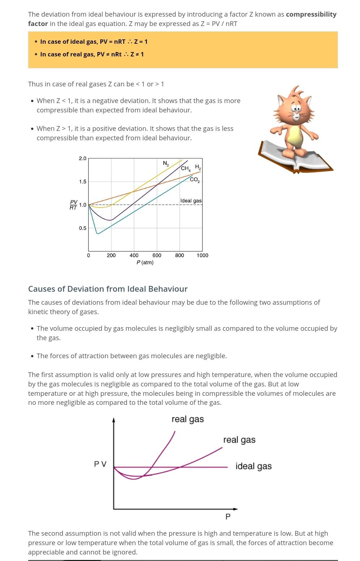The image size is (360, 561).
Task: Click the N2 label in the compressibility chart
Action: tap(166, 163)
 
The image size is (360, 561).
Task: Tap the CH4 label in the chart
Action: tap(185, 168)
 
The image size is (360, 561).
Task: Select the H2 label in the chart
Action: tap(198, 167)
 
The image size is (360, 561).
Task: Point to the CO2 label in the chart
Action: tap(194, 180)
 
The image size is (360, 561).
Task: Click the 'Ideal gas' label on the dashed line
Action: tap(191, 201)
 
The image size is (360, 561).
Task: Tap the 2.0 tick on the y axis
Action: tap(82, 158)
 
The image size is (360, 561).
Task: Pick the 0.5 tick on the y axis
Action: tap(82, 228)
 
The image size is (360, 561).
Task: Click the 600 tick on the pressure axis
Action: tap(157, 255)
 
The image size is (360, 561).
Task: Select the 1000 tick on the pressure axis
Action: tap(202, 255)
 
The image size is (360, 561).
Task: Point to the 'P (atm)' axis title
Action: tap(145, 262)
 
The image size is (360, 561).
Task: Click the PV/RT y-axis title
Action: tap(73, 205)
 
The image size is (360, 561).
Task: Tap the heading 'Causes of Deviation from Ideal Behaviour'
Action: tap(108, 289)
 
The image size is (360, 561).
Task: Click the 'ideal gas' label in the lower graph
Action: tap(253, 466)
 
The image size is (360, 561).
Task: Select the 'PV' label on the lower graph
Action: tap(100, 464)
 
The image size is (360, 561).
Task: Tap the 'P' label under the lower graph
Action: tap(228, 517)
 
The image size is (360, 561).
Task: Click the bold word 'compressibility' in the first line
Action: tap(311, 14)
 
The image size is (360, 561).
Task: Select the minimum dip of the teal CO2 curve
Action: tap(98, 233)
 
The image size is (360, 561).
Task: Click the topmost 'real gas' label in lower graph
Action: tap(188, 419)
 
